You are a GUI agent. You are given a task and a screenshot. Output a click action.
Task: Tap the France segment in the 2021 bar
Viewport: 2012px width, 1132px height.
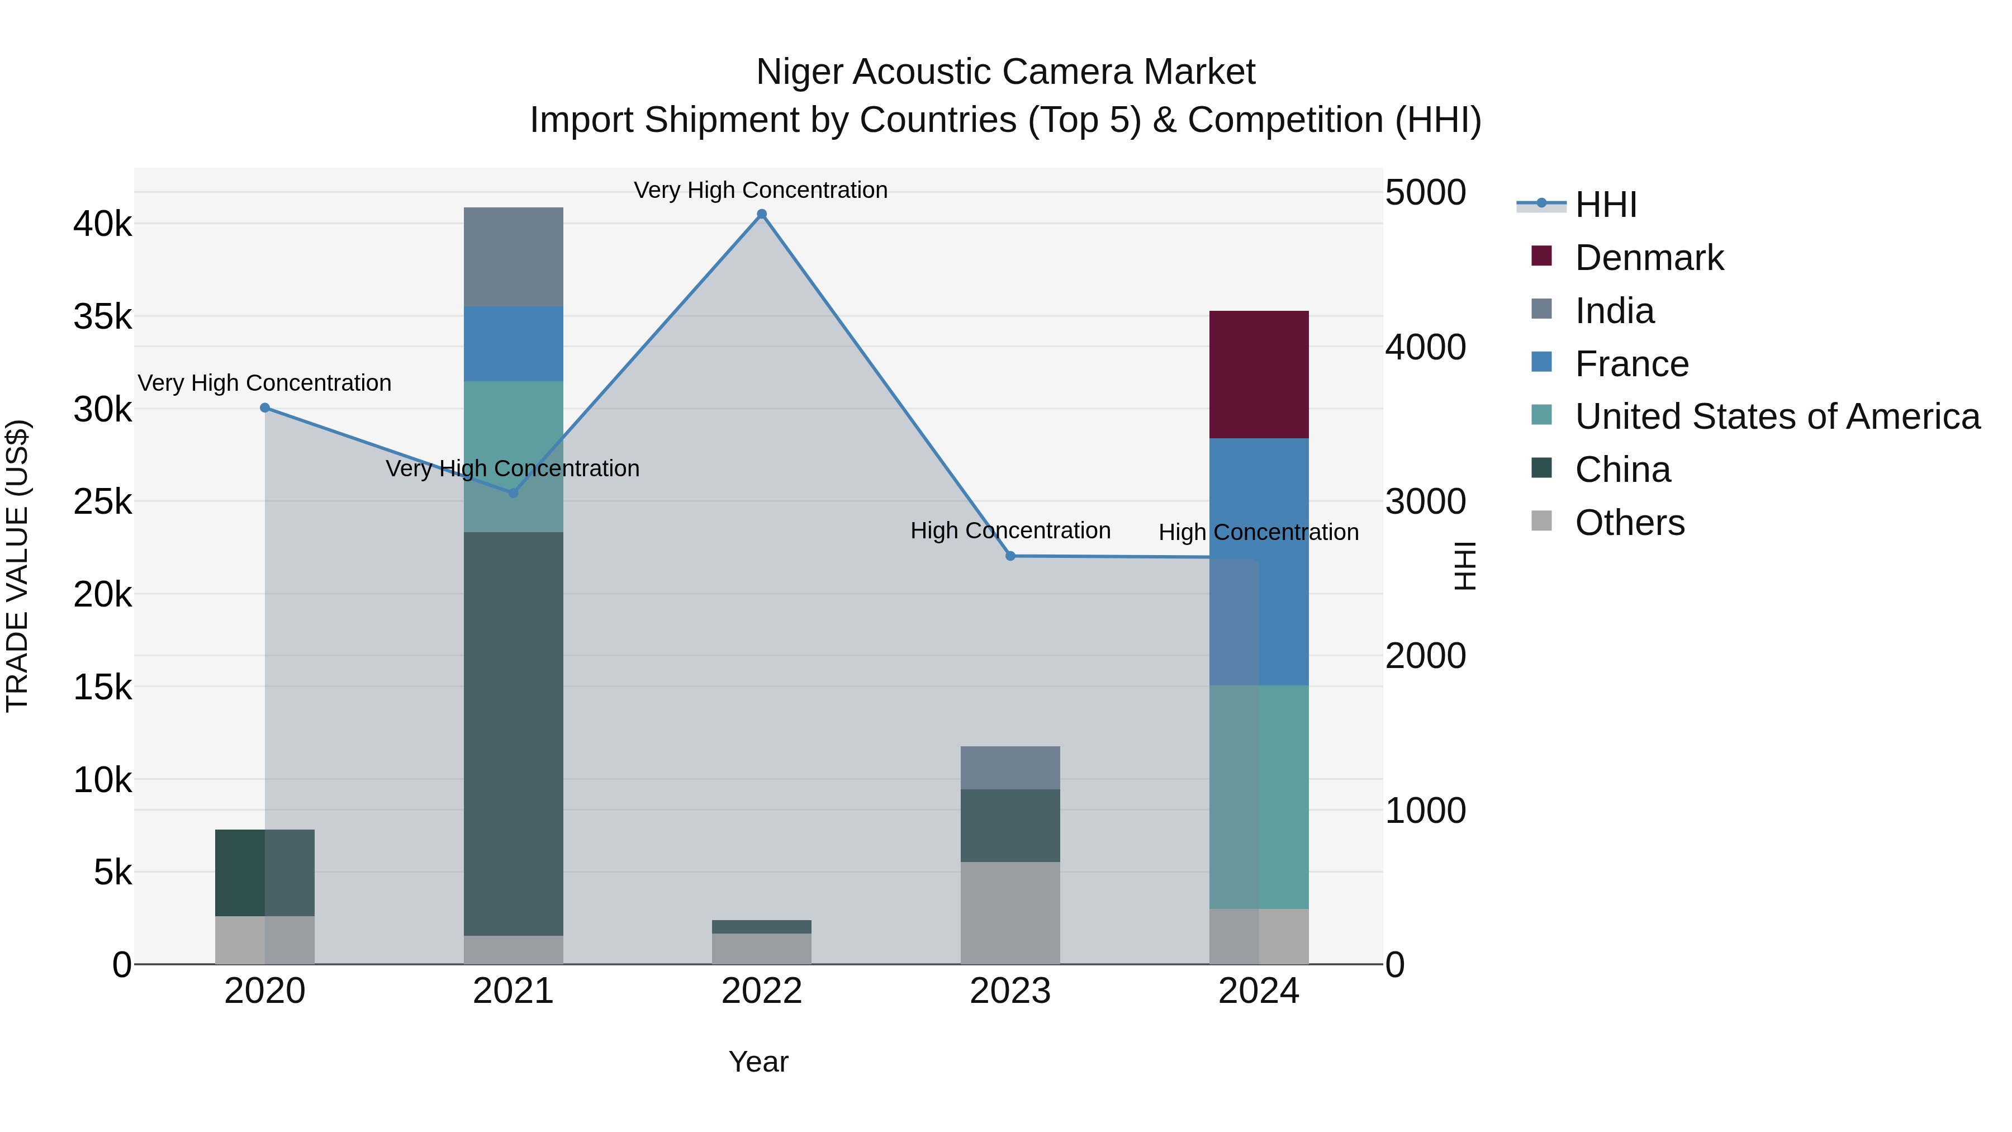pyautogui.click(x=513, y=344)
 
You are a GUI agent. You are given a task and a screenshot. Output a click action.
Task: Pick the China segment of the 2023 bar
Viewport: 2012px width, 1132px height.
pyautogui.click(x=1010, y=825)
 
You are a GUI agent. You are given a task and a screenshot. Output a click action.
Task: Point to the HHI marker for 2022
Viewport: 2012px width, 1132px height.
pyautogui.click(x=762, y=214)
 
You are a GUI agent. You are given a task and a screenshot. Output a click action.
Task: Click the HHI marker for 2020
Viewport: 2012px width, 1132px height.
pyautogui.click(x=265, y=408)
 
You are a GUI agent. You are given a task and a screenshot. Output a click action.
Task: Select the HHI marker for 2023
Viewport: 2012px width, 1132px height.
pyautogui.click(x=1010, y=556)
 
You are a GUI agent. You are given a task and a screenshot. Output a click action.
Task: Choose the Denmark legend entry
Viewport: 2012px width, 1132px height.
pyautogui.click(x=1648, y=258)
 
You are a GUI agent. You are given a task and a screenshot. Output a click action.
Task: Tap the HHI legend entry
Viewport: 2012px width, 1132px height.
pyautogui.click(x=1605, y=205)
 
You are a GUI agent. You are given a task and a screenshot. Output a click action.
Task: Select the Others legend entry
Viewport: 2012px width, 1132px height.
pyautogui.click(x=1629, y=523)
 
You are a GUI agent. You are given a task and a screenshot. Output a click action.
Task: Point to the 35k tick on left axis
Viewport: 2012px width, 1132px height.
pyautogui.click(x=102, y=317)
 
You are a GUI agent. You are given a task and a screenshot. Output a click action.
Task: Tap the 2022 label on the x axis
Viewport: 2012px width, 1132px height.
pyautogui.click(x=762, y=991)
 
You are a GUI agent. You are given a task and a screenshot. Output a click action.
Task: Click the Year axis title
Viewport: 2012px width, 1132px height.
pyautogui.click(x=758, y=1062)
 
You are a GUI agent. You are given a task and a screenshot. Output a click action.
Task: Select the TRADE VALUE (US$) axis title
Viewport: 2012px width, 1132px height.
pyautogui.click(x=17, y=566)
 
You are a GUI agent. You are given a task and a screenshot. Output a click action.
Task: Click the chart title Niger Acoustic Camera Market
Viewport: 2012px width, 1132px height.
pyautogui.click(x=1005, y=72)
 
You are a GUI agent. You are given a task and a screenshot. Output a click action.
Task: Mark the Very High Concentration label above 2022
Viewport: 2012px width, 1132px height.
pyautogui.click(x=760, y=190)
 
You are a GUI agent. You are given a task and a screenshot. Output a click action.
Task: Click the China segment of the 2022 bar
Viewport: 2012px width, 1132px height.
pyautogui.click(x=762, y=926)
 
